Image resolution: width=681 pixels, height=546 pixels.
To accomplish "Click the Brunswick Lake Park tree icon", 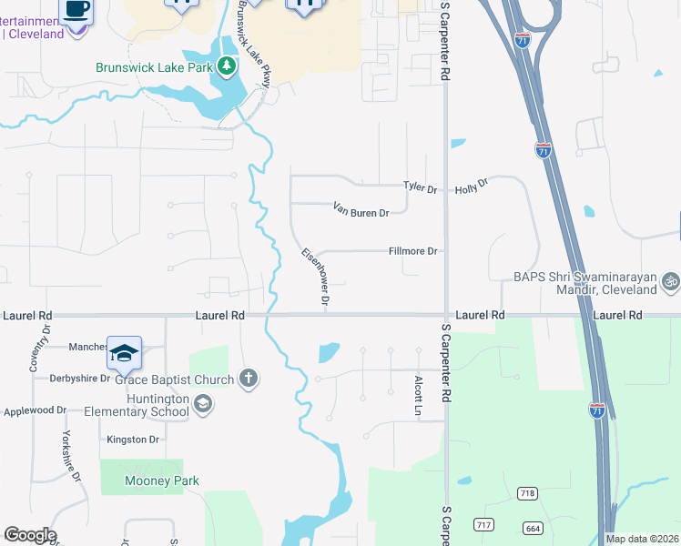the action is (227, 66).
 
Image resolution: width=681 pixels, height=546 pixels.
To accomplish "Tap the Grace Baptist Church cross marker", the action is (249, 379).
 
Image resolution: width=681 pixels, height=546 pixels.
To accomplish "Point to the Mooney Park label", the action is (149, 481).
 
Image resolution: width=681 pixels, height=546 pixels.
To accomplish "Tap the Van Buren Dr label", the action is (361, 209).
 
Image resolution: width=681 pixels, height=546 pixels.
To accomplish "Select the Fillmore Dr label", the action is (413, 251).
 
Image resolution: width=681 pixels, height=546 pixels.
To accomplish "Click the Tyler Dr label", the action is (421, 187).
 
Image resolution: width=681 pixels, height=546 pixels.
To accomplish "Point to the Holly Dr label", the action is (472, 185).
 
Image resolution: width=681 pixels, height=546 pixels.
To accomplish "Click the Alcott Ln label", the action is (419, 396).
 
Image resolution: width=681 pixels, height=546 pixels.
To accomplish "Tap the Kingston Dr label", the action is (133, 440).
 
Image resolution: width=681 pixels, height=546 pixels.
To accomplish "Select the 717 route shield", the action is (483, 525).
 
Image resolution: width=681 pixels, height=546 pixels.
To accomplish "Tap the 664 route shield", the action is (534, 528).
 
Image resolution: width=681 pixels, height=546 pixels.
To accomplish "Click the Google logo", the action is (30, 535).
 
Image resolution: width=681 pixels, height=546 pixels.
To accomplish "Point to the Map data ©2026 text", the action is (643, 539).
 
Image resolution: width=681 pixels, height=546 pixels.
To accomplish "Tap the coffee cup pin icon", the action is (76, 12).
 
